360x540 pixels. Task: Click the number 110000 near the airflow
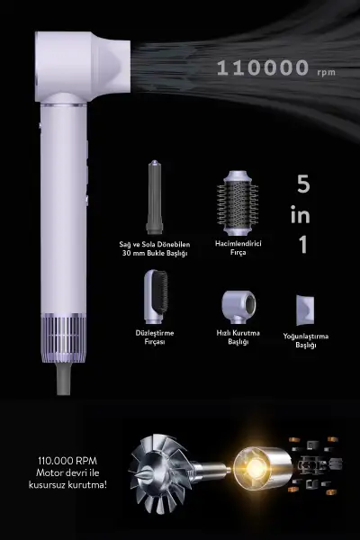263,67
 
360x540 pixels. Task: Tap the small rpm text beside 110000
326,72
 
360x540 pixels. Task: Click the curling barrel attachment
154,197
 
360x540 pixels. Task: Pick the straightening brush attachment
156,296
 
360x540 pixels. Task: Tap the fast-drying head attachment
238,307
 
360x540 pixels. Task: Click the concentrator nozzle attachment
305,310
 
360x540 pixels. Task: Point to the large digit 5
303,184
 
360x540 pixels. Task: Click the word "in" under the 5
300,214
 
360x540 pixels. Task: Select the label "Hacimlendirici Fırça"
238,247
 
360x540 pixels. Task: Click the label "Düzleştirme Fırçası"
155,337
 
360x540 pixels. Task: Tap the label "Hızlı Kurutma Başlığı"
238,337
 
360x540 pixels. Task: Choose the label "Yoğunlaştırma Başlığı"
306,340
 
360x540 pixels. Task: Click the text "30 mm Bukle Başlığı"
155,254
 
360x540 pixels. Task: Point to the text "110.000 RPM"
67,461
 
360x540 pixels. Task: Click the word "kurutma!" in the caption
87,485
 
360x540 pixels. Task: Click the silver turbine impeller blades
159,472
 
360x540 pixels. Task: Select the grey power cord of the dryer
63,379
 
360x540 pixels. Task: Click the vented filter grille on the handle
63,333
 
